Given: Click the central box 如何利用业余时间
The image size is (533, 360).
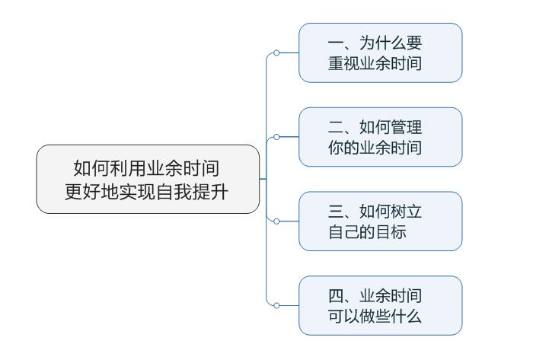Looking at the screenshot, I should click(x=148, y=179).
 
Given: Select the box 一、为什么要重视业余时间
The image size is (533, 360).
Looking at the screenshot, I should click(x=380, y=53).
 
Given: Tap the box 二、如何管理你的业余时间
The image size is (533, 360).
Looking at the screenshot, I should click(x=380, y=137).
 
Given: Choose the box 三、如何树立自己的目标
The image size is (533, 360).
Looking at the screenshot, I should click(x=380, y=221).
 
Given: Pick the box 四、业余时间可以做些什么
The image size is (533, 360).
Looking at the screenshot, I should click(x=380, y=305).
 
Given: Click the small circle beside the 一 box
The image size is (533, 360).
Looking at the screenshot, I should click(x=276, y=53).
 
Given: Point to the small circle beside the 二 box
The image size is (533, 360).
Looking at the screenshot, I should click(x=276, y=137).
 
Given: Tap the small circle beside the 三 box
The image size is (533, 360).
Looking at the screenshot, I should click(x=276, y=221).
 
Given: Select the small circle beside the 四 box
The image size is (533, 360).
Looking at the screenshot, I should click(x=276, y=305).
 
